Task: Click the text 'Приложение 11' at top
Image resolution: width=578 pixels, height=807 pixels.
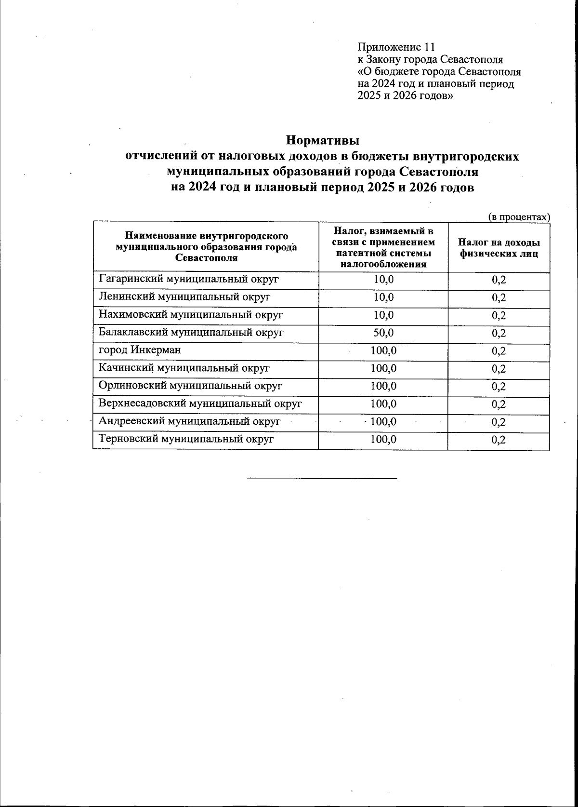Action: (x=396, y=47)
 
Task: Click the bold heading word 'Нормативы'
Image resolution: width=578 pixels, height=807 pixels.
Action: (x=323, y=141)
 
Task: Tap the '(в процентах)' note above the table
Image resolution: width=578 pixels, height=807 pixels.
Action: (x=519, y=217)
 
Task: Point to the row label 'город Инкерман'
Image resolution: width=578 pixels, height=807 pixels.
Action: (x=140, y=350)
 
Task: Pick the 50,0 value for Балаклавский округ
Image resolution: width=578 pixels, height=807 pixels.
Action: (x=383, y=333)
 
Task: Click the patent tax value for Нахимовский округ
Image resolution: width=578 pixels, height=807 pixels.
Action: (x=383, y=315)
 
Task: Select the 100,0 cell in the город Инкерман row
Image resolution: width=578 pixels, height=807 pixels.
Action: (x=383, y=350)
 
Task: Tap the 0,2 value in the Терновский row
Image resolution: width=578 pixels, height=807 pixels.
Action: (x=499, y=440)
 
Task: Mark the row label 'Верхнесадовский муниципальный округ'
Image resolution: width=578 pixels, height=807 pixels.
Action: (x=200, y=404)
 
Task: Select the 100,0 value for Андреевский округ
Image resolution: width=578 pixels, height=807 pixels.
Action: (x=383, y=422)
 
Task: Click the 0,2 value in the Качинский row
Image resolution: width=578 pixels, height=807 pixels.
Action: (x=499, y=369)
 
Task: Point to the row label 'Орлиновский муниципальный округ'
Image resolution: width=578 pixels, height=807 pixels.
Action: (x=190, y=386)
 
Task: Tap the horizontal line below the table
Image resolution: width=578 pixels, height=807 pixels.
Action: (x=322, y=478)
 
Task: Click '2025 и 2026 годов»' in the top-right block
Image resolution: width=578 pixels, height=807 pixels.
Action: (x=405, y=95)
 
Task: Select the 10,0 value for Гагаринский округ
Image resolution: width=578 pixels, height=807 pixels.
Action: (x=383, y=279)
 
